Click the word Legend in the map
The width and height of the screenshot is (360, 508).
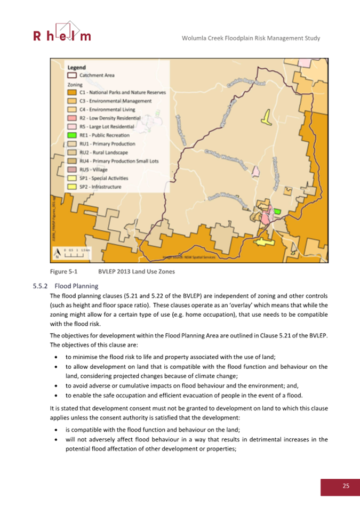(77, 68)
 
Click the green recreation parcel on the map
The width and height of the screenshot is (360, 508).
(277, 211)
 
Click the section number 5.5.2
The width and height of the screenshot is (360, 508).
(41, 285)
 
